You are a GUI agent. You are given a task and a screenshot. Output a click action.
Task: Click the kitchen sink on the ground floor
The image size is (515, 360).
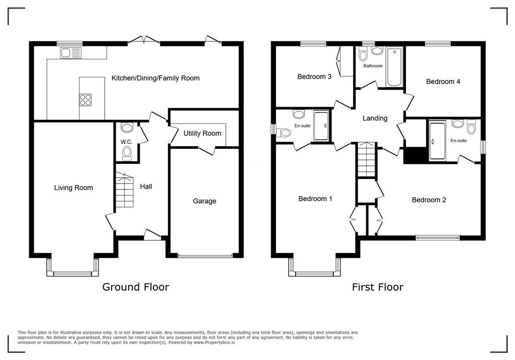coord(70,53)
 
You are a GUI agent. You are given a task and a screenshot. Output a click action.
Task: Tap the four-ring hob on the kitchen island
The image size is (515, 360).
coord(85,100)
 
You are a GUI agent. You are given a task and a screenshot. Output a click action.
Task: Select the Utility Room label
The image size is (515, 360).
coord(202,133)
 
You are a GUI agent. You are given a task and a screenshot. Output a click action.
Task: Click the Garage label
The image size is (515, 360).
coord(204,201)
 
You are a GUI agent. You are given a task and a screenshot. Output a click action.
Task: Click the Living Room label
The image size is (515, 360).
coord(73,188)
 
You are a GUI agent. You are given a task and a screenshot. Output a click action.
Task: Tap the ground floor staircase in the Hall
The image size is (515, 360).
coord(125,190)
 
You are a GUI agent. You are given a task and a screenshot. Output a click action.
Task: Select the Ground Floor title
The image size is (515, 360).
coord(136,287)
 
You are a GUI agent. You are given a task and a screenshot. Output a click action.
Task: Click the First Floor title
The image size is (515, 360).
coord(377,287)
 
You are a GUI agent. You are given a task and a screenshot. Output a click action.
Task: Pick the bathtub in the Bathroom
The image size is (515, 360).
coord(394,67)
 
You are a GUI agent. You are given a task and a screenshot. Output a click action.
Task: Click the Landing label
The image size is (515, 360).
coord(375,118)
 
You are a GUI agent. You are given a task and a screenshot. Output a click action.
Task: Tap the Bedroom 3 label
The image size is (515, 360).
coord(314,76)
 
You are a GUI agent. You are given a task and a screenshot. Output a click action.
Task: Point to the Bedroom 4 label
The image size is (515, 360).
coord(443,81)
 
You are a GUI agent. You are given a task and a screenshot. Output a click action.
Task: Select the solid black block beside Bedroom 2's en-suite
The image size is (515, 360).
coord(416,155)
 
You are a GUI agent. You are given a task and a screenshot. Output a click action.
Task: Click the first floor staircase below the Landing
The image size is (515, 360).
coord(366,159)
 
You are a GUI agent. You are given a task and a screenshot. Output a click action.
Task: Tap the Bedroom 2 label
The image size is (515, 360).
coord(429,200)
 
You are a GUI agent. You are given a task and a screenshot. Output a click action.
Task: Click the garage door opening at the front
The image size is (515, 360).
coord(205,255)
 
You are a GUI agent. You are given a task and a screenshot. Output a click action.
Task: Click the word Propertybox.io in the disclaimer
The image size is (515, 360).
coord(220,342)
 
